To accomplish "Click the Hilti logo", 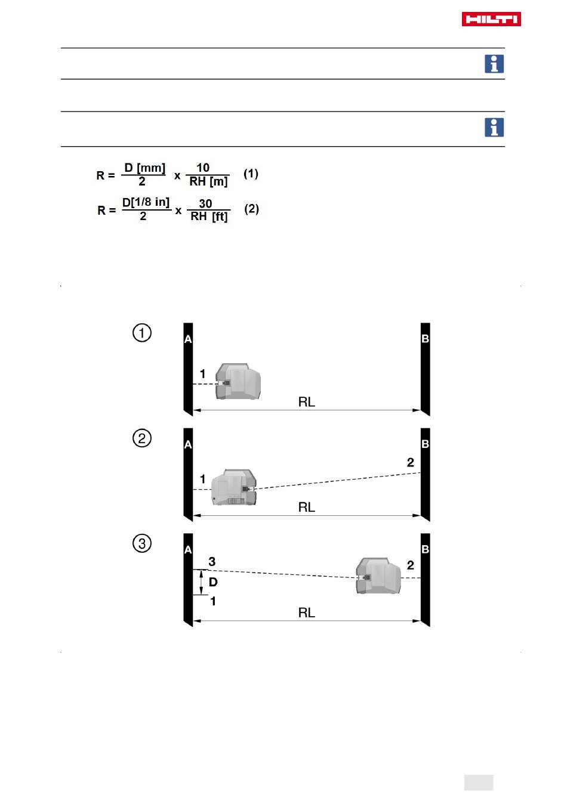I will point(491,19).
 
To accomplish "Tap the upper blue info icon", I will point(494,64).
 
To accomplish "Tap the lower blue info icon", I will point(494,127).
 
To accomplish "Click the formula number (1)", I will point(251,174).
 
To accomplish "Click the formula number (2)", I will point(251,209).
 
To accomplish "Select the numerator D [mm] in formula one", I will point(144,168).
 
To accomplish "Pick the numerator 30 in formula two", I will point(205,203).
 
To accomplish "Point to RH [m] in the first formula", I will point(208,182).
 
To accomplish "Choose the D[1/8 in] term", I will point(146,202).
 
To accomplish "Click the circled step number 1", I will point(141,332).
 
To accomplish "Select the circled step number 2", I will point(141,438).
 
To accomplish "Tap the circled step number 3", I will point(141,543).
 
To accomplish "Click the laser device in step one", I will point(238,381).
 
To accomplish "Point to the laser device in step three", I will point(378,576).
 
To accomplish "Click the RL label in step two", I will point(306,507).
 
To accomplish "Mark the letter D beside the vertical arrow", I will point(213,582).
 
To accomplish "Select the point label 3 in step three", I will point(212,562).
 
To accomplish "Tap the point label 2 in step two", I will point(410,462).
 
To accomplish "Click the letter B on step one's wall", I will point(425,339).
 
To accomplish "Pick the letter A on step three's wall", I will point(188,550).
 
